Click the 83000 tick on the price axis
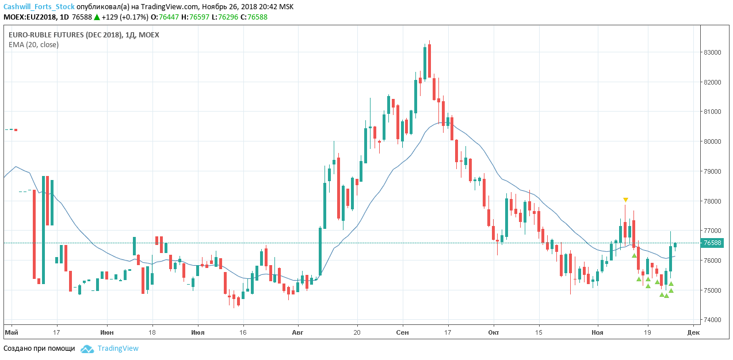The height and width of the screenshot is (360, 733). (713, 52)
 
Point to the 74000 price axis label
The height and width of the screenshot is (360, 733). (713, 320)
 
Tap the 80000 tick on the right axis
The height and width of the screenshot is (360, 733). (713, 141)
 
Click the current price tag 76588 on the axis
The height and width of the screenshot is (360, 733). (713, 243)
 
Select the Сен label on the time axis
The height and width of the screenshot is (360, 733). (403, 332)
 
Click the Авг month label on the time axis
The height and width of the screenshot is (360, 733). (297, 332)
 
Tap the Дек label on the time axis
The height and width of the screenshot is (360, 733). (693, 332)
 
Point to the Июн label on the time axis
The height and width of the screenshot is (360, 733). (106, 332)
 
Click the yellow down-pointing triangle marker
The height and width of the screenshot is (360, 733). (625, 200)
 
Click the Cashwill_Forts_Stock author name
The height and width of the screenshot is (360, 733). (39, 6)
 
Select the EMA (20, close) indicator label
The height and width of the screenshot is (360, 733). (33, 44)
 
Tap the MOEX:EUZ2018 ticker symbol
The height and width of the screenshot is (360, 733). (29, 17)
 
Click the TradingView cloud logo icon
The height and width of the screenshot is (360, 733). (87, 348)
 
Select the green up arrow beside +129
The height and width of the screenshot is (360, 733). (97, 17)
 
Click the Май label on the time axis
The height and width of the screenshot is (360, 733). (11, 332)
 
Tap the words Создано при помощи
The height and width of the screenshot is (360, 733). (39, 348)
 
